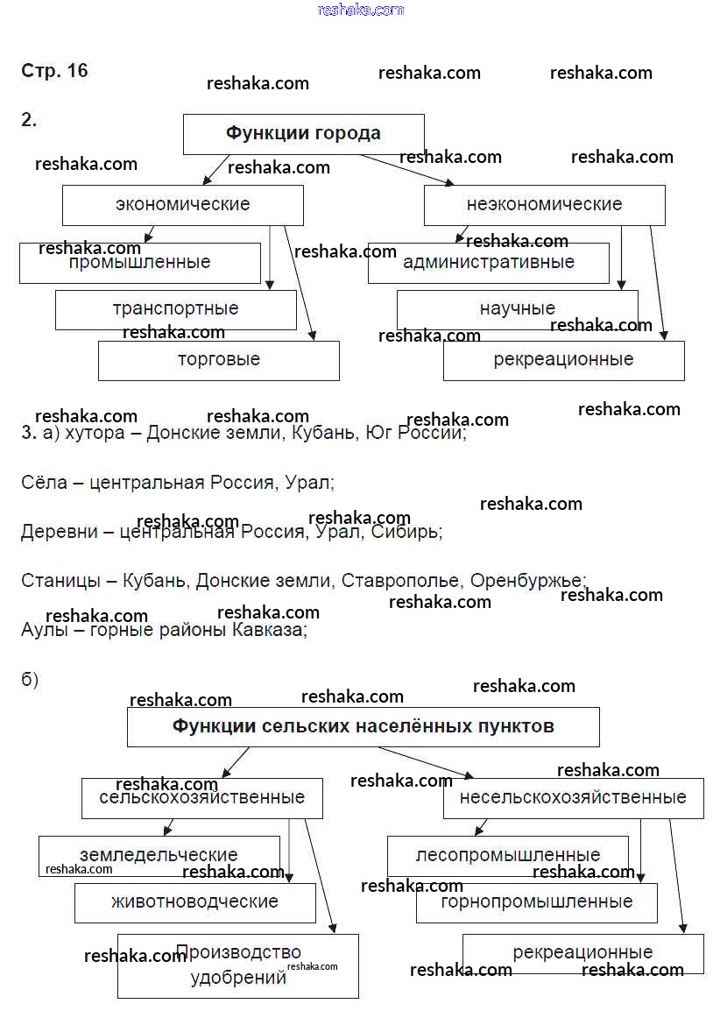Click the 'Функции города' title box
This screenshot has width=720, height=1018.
tap(303, 134)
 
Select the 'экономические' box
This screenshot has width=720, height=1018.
tap(182, 205)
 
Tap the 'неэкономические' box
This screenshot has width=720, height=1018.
tap(544, 205)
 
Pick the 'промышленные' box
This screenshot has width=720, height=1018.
tap(139, 263)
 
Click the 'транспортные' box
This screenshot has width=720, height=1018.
tap(175, 309)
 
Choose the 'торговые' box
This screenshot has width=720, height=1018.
tap(218, 360)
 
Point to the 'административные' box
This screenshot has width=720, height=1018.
tap(488, 263)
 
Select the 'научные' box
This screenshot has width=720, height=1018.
tap(517, 309)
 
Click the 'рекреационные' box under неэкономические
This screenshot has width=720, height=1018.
tap(563, 360)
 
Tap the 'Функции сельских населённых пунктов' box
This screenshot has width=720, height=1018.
tap(363, 727)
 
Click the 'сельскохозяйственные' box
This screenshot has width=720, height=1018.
tap(201, 798)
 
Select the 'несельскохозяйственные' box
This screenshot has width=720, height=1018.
tap(573, 798)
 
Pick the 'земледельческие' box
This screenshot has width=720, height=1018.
tap(159, 855)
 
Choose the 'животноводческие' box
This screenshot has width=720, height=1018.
tap(194, 902)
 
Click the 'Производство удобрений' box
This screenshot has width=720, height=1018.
tap(237, 965)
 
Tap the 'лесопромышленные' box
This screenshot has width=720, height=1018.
tap(507, 855)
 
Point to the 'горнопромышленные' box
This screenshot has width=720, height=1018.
tap(536, 902)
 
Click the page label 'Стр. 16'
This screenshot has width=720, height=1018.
tap(54, 71)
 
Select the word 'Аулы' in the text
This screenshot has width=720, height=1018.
tap(44, 630)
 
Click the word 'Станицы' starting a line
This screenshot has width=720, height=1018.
tap(58, 581)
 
